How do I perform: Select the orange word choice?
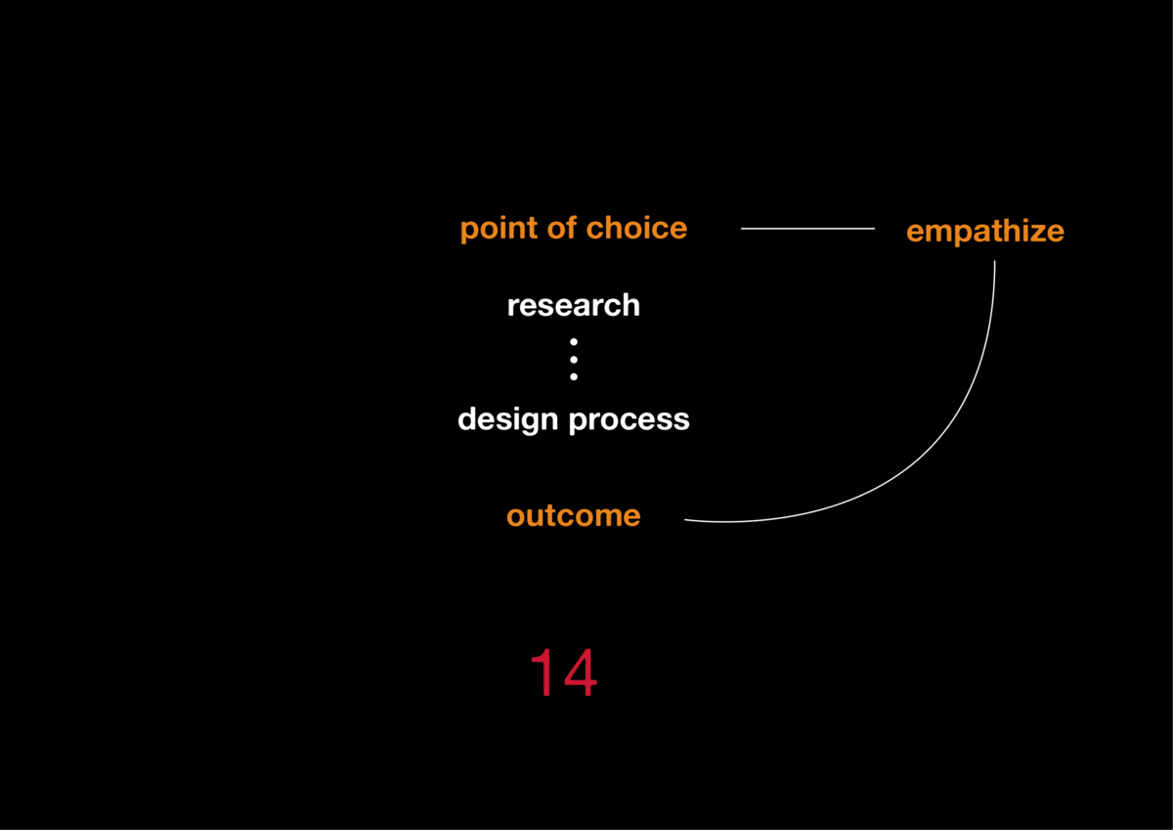[x=636, y=229]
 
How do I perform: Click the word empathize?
[x=984, y=232]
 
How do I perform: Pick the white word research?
[x=573, y=305]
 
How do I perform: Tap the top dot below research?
[x=574, y=342]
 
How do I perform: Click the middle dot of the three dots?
[x=574, y=359]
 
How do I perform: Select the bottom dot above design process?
[x=574, y=376]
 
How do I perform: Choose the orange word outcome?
[x=573, y=515]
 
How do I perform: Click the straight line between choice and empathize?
[x=807, y=229]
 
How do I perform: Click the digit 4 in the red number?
[x=579, y=673]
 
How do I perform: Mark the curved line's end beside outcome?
[x=686, y=520]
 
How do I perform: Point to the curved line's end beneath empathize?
[x=994, y=262]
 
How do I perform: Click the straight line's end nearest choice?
[x=743, y=229]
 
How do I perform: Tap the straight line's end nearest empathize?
[x=873, y=229]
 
